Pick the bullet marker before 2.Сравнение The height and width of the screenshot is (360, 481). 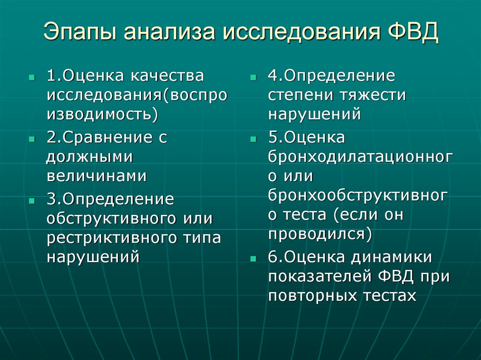click(x=31, y=139)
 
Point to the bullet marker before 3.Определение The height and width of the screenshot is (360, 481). click(x=31, y=200)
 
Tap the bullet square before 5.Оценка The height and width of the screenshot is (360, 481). click(x=253, y=139)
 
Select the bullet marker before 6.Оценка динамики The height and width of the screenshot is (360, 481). click(x=253, y=259)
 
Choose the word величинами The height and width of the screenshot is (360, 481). click(x=96, y=176)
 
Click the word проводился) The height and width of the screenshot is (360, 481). click(x=320, y=233)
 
